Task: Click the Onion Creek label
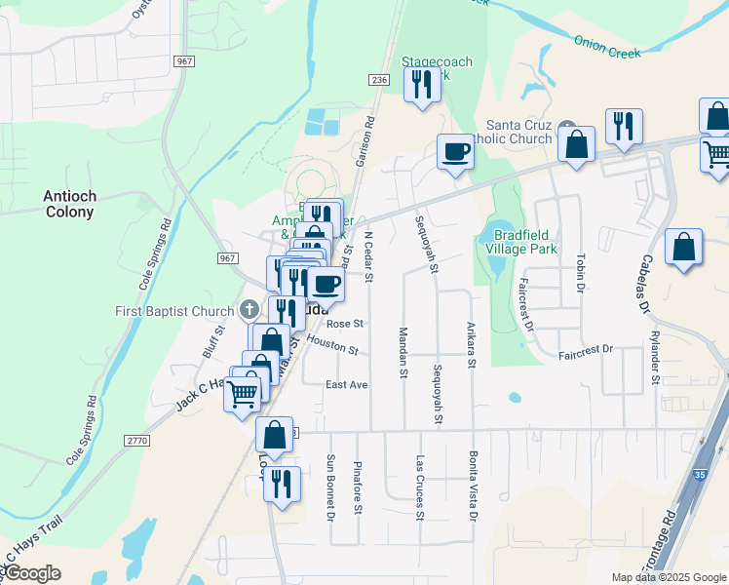607,47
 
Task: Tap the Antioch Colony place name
69,204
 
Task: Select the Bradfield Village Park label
525,241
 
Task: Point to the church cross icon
249,311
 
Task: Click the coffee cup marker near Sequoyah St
454,152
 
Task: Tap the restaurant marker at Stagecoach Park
422,84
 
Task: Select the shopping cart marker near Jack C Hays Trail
243,394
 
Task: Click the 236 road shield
380,80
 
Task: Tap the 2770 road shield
136,441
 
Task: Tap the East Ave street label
346,385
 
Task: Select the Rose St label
345,324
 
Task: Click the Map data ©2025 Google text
670,577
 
